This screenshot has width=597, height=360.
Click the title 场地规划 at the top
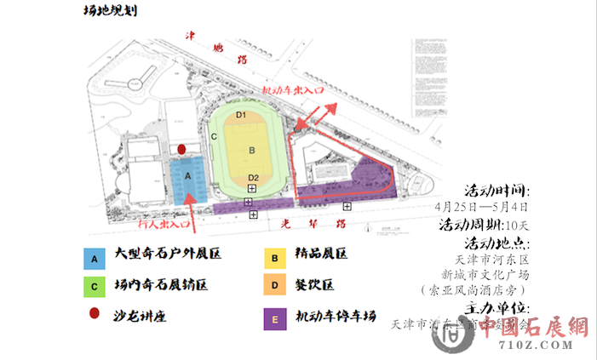point(110,11)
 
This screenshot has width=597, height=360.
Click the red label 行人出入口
point(163,225)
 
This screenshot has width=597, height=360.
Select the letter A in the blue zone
point(188,174)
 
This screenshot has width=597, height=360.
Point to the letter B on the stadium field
point(251,151)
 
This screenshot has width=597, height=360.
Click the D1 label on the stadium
point(241,115)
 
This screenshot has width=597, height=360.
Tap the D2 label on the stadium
point(253,177)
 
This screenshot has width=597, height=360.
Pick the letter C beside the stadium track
point(215,136)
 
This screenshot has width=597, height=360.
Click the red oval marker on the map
point(181,149)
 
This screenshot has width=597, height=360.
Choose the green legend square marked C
point(96,286)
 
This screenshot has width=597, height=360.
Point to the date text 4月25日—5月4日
point(481,207)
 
